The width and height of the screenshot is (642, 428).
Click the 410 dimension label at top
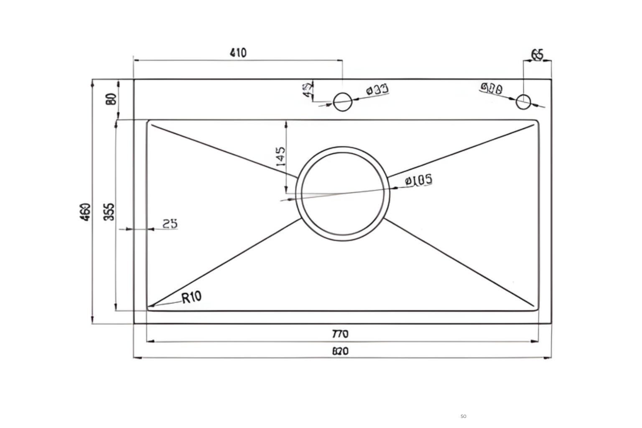238,53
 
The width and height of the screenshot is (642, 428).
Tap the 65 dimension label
537,54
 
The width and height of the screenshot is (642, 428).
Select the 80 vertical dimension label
111,99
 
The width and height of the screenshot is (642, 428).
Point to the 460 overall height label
85,212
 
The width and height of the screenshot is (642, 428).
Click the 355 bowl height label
109,212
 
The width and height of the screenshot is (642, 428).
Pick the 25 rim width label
170,224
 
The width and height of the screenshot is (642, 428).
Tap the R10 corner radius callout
191,297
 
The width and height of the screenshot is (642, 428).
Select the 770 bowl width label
340,334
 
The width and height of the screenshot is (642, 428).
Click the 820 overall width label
340,352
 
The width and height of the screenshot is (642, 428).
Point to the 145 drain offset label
281,157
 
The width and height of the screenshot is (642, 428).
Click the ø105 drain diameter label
419,181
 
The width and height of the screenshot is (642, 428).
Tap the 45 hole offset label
308,90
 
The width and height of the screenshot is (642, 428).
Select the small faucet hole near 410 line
342,102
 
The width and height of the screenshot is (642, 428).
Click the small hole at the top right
523,102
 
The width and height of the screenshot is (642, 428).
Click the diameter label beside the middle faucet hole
377,90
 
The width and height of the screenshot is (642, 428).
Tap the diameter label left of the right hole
492,88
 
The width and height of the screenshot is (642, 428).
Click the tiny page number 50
463,416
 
